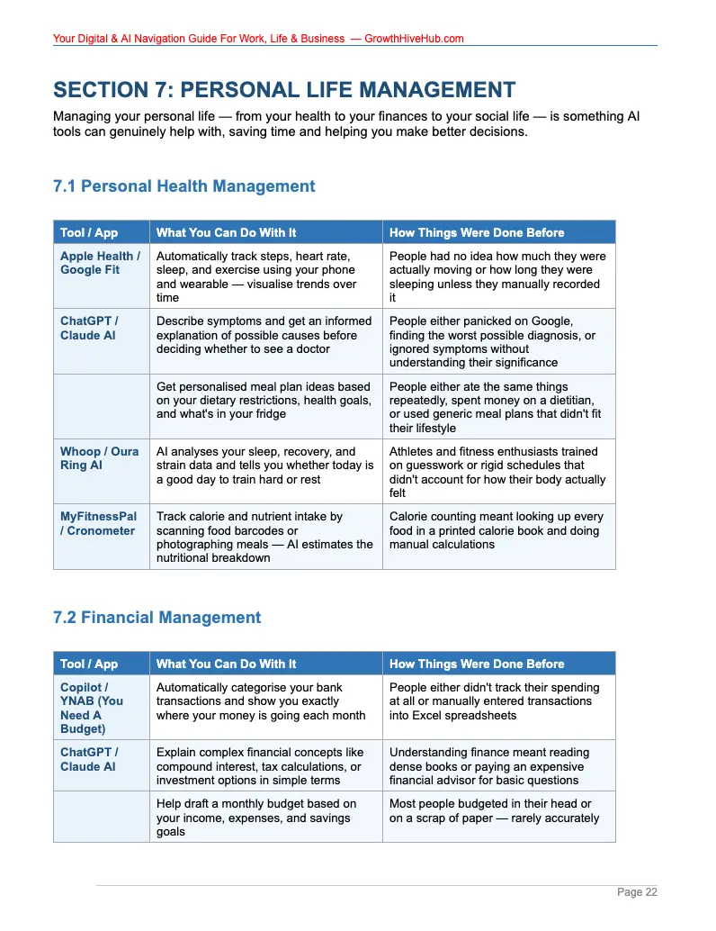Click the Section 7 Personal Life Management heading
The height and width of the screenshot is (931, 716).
coord(284,90)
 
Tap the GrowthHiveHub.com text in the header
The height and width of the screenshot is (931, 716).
coord(414,39)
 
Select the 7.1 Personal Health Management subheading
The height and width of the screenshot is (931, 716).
coord(184,186)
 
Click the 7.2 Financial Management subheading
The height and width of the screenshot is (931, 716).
coord(157,618)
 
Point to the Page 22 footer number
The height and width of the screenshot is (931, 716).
coord(637,892)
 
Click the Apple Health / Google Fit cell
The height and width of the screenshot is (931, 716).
coord(100,263)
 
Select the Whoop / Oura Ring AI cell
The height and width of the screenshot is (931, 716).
coord(99,458)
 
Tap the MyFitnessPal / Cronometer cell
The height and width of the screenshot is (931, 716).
coord(99,523)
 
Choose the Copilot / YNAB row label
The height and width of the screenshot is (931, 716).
coord(92,708)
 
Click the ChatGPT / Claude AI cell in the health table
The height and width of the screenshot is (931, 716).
coord(89,328)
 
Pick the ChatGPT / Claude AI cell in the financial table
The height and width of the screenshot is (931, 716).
coord(89,759)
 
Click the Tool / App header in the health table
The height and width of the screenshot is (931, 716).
coord(89,232)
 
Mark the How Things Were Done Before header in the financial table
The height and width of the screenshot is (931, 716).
coord(477,664)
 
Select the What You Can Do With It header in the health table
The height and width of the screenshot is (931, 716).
coord(226,232)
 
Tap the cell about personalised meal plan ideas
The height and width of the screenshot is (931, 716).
coord(264,400)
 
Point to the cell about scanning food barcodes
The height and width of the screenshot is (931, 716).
coord(264,537)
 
